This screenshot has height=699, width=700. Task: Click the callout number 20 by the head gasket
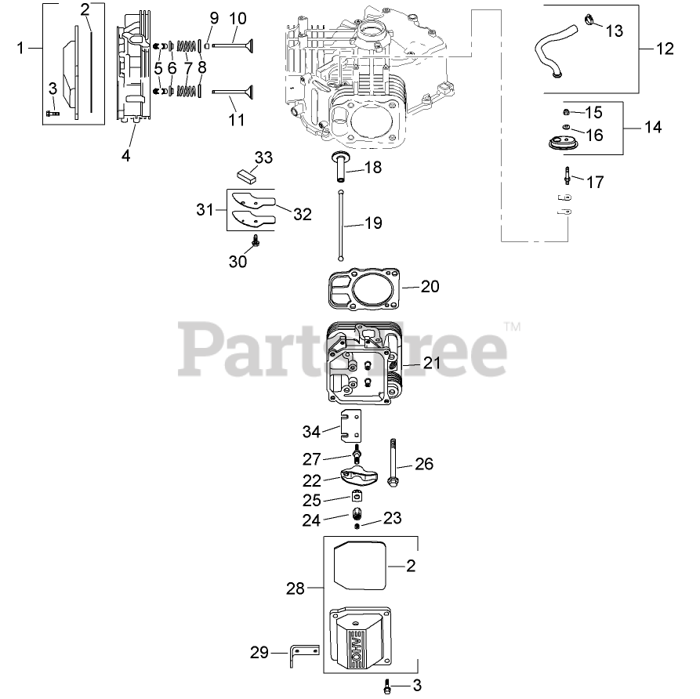pyautogui.click(x=430, y=287)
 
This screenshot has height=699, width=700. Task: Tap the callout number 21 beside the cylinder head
pyautogui.click(x=432, y=363)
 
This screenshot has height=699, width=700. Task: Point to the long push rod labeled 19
pyautogui.click(x=342, y=223)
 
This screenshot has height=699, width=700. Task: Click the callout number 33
pyautogui.click(x=263, y=158)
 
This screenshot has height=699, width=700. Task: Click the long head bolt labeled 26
pyautogui.click(x=391, y=462)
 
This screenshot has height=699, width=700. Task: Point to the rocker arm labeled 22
pyautogui.click(x=359, y=478)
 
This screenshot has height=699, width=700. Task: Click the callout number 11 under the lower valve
pyautogui.click(x=237, y=121)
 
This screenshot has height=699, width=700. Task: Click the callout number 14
pyautogui.click(x=652, y=126)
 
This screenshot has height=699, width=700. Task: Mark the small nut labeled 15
pyautogui.click(x=565, y=112)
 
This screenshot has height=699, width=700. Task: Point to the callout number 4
pyautogui.click(x=125, y=154)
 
